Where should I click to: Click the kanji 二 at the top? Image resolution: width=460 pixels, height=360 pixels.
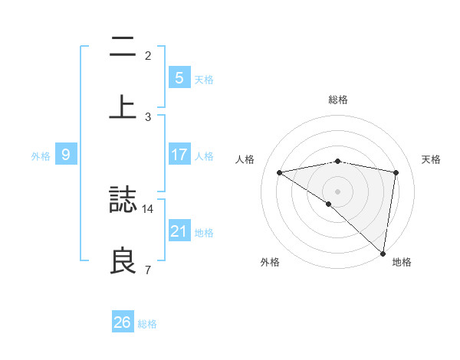point(123,47)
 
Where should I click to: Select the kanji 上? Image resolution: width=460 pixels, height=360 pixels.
point(123,106)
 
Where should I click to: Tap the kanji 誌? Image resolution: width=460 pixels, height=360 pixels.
point(123,200)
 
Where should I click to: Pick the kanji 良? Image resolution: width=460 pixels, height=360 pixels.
point(123,260)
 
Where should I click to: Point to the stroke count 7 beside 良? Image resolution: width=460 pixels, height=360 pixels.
point(148,269)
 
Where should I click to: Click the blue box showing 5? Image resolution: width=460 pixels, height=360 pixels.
point(179,77)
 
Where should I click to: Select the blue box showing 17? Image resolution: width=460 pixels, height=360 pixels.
point(179,155)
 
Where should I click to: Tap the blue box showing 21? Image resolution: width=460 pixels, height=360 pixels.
point(179,231)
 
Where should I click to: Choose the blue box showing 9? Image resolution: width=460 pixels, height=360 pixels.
point(66,155)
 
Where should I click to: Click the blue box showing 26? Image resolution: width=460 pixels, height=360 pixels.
point(122,322)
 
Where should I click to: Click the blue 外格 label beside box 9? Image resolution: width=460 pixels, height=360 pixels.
point(41,155)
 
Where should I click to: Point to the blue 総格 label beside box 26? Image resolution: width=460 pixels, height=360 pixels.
point(147,323)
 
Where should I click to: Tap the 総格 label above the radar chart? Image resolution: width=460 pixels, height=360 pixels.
point(337,100)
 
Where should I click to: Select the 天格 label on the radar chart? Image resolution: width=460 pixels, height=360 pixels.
point(432,159)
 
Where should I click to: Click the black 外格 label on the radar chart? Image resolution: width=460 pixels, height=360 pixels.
point(270,262)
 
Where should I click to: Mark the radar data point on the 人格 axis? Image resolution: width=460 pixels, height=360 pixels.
point(280,172)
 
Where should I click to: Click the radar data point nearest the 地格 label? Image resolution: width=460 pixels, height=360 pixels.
point(383,254)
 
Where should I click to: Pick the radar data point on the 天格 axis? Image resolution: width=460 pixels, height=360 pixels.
point(396,172)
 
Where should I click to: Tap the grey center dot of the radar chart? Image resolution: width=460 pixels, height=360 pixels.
point(337,191)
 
